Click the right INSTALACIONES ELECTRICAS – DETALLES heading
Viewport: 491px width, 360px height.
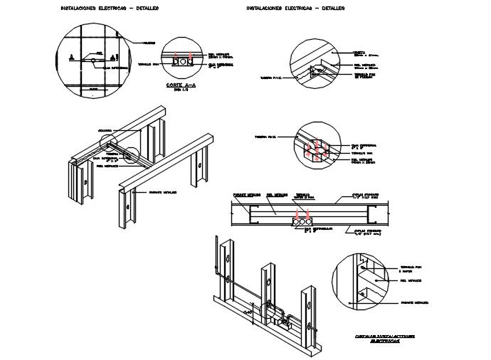tap(295, 9)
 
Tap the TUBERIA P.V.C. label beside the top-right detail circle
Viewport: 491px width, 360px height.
tap(273, 78)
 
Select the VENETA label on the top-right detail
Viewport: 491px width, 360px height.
tap(359, 52)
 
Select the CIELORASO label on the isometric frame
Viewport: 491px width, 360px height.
tap(106, 130)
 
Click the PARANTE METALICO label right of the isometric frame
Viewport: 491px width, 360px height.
tap(163, 192)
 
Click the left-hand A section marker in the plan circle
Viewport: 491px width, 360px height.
tap(71, 55)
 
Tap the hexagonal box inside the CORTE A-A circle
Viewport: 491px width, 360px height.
tap(182, 63)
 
